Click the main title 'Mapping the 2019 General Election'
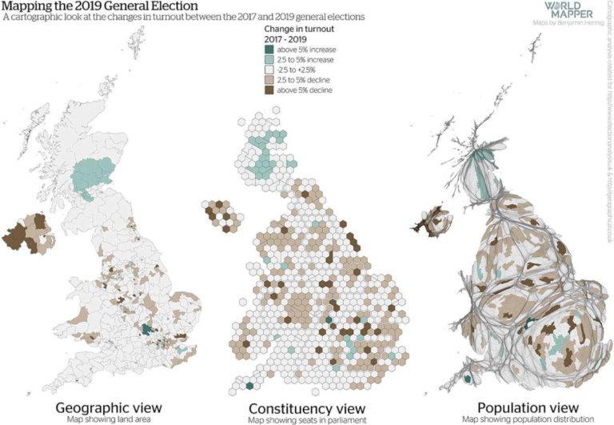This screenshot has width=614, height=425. [x=100, y=6]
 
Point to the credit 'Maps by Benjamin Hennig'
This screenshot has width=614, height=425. [x=568, y=24]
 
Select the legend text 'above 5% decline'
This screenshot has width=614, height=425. [x=305, y=90]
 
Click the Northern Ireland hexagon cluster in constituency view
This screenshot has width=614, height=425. [x=221, y=214]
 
